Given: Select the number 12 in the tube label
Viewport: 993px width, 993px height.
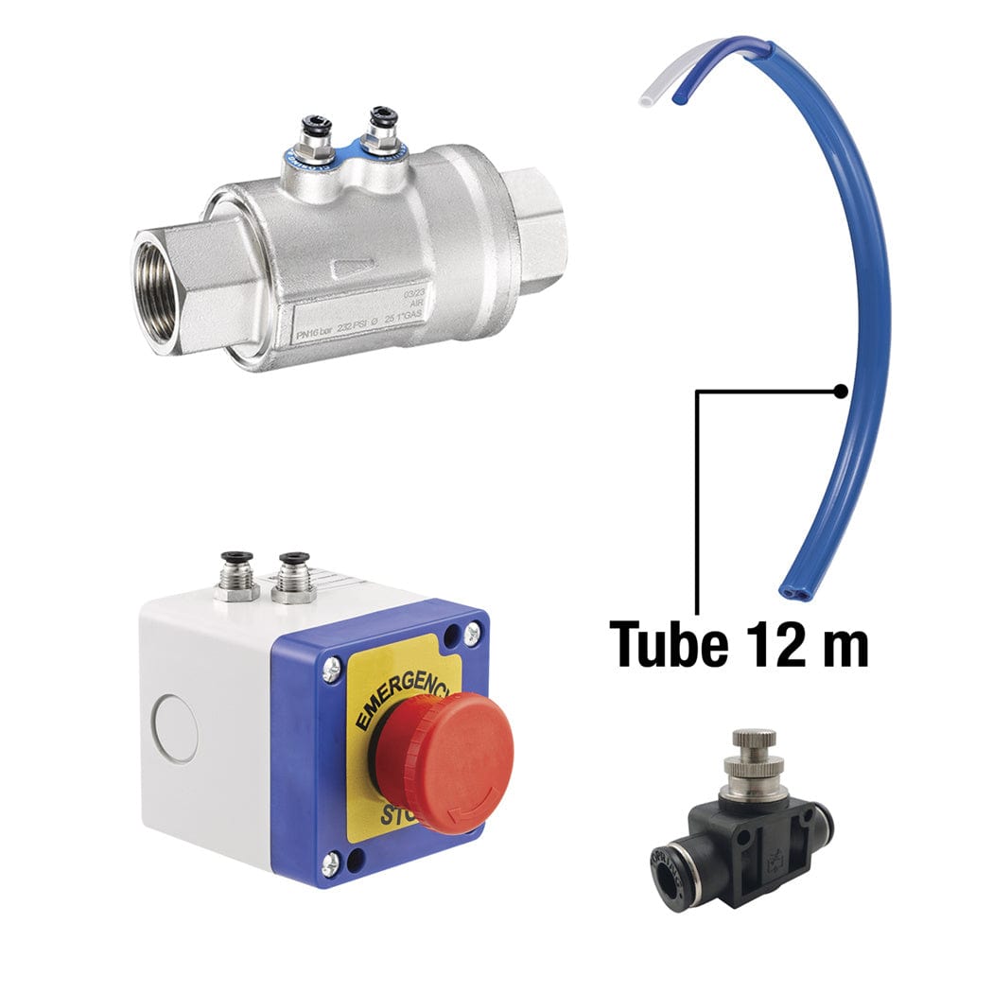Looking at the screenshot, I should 775,644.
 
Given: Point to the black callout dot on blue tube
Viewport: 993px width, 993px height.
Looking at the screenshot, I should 840,390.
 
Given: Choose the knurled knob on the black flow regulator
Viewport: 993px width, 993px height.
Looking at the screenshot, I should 753,739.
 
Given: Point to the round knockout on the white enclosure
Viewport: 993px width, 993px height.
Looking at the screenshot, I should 175,728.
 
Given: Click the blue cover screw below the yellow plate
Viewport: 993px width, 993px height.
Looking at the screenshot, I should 330,862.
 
